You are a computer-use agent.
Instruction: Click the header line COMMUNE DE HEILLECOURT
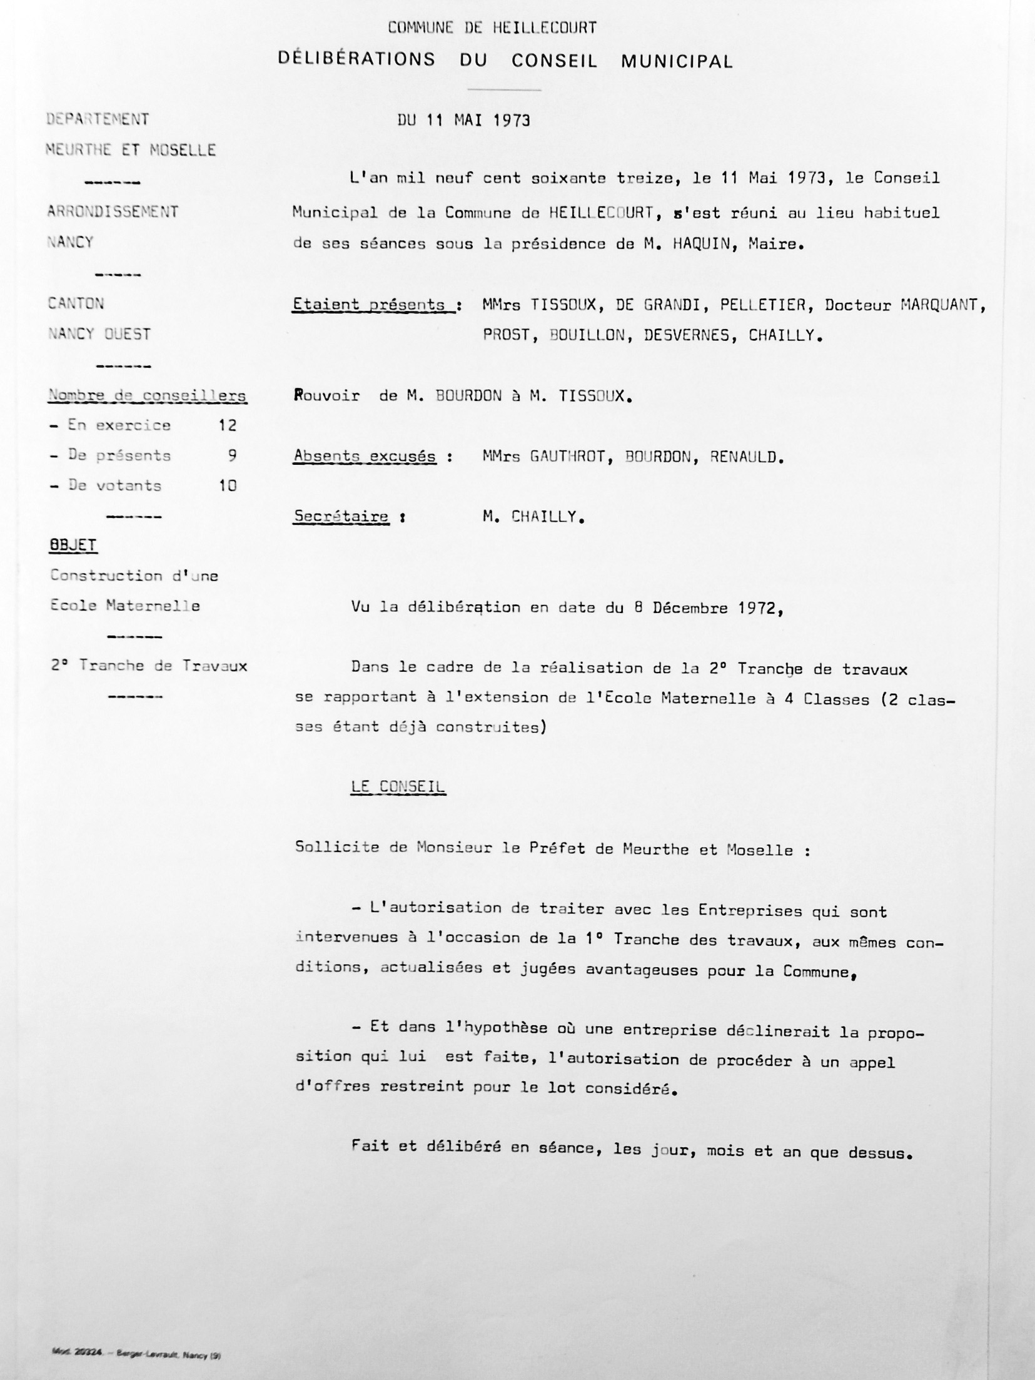pyautogui.click(x=492, y=28)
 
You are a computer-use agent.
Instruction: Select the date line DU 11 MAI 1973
pyautogui.click(x=463, y=120)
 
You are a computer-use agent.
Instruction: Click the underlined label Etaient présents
pyautogui.click(x=373, y=305)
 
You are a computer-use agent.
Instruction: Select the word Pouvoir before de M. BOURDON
pyautogui.click(x=326, y=396)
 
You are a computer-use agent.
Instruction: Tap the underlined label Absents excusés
pyautogui.click(x=365, y=457)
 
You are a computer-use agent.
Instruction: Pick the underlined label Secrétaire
pyautogui.click(x=341, y=517)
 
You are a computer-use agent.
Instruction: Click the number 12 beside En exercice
pyautogui.click(x=227, y=425)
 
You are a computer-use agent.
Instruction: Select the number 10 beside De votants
pyautogui.click(x=227, y=485)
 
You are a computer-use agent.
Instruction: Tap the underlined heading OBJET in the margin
pyautogui.click(x=73, y=545)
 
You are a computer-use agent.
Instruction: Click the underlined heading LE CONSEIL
pyautogui.click(x=398, y=787)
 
